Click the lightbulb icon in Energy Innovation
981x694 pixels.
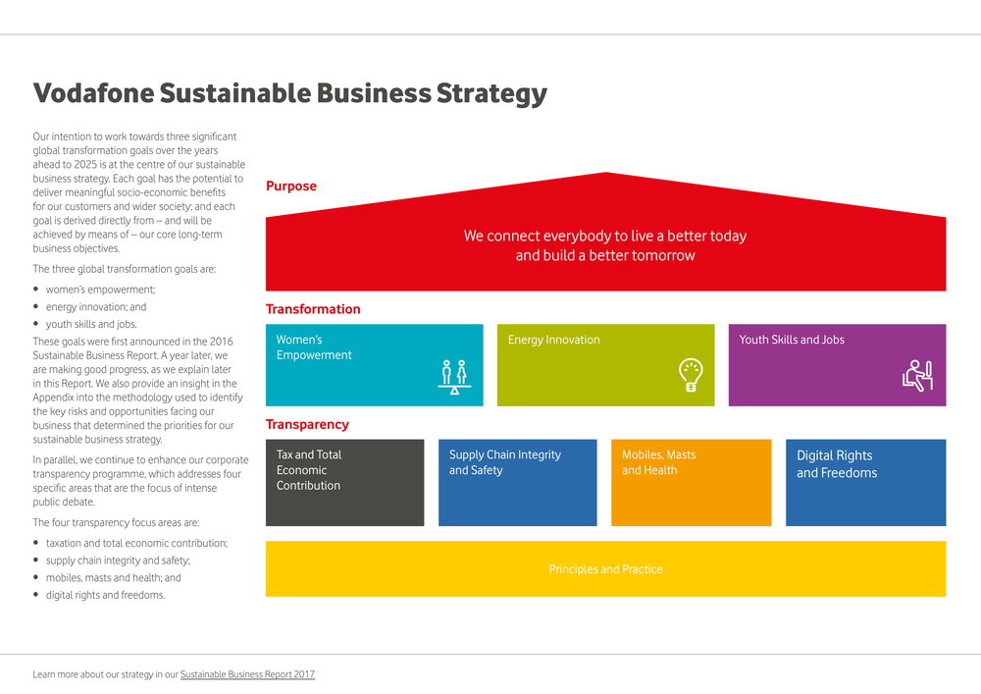(x=691, y=375)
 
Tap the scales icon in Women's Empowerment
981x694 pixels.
(x=454, y=377)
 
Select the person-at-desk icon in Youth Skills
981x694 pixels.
(x=918, y=376)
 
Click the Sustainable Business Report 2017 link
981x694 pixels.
(x=248, y=674)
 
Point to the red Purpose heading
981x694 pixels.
(x=291, y=186)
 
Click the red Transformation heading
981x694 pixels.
(x=313, y=308)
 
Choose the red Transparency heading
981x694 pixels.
(x=307, y=424)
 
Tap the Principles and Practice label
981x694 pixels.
(x=605, y=568)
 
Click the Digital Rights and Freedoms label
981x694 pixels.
(x=837, y=463)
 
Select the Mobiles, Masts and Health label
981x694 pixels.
(x=659, y=461)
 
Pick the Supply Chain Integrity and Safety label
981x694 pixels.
(x=505, y=461)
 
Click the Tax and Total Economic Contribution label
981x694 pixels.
(x=309, y=469)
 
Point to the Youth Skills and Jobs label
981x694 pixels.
(x=792, y=340)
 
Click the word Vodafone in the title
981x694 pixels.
(x=93, y=92)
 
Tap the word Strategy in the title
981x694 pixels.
(x=491, y=94)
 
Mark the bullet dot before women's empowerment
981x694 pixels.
(x=35, y=290)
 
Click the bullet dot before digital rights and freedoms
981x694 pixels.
(x=35, y=595)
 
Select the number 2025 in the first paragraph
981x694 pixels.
(x=85, y=164)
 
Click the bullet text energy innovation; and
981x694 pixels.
(x=96, y=306)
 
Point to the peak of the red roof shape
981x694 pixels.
(x=605, y=172)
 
